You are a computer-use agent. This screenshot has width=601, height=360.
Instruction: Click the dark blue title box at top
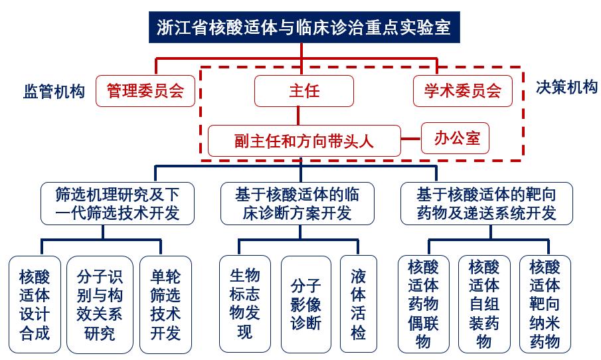pos(304,27)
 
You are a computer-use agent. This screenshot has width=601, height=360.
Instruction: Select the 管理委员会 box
pos(145,91)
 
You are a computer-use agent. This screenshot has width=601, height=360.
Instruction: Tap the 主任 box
pos(304,91)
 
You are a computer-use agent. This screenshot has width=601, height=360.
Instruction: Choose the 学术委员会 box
pos(463,91)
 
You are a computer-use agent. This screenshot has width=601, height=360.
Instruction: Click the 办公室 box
pos(455,138)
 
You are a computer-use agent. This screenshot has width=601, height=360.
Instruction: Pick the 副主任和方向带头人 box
pos(304,141)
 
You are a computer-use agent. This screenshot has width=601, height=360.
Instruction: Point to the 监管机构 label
pos(54,92)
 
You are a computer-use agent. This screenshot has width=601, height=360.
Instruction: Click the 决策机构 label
pos(566,88)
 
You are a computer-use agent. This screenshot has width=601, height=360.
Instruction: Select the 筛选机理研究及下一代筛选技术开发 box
pos(118,203)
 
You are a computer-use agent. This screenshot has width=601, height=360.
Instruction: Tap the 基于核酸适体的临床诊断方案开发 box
pos(298,203)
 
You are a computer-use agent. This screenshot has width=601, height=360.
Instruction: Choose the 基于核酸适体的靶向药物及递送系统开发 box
pos(486,203)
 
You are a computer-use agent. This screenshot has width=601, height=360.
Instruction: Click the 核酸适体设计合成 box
pos(35,305)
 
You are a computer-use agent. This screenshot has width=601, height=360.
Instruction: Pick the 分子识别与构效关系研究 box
pos(100,305)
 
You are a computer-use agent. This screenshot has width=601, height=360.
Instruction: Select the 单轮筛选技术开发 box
pos(165,305)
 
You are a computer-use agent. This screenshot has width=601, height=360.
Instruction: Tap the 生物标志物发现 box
pos(245,304)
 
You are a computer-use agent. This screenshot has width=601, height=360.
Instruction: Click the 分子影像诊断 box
pos(306,304)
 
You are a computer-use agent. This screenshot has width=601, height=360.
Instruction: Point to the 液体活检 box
pos(359,304)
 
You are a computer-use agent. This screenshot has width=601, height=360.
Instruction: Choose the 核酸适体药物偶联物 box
pos(424,304)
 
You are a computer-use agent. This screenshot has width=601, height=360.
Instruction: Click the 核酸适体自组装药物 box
pos(484,304)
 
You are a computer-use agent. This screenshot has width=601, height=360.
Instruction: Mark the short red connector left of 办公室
pos(411,138)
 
